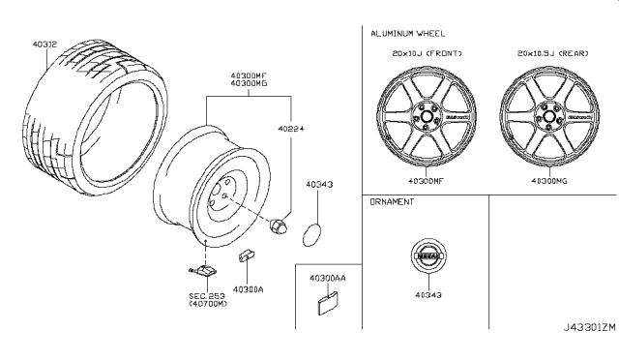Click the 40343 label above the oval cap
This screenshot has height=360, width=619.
pos(319,183)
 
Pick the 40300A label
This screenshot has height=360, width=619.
pos(250,288)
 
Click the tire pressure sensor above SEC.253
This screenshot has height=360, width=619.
pos(202,272)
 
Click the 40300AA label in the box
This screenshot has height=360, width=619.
pos(327,278)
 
